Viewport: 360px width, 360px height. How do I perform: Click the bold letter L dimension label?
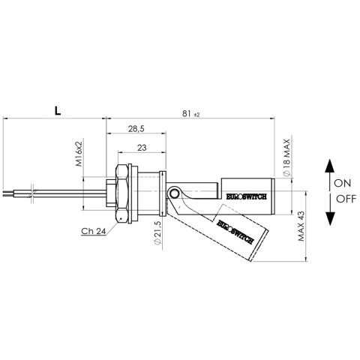coord(58,111)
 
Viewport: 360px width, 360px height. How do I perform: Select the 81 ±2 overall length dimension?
coord(191,114)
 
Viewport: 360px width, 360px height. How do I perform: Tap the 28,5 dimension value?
coord(136,129)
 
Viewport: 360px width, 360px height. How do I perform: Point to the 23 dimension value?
coord(142,148)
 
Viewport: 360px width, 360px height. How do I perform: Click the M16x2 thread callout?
coord(79,154)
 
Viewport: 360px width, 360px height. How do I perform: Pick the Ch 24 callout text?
coord(94,231)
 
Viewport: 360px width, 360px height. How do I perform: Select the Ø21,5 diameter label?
coord(157,233)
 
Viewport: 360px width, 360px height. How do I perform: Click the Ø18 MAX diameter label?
coord(286,157)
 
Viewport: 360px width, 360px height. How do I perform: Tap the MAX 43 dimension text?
coord(301,226)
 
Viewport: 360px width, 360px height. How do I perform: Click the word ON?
coord(343,183)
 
